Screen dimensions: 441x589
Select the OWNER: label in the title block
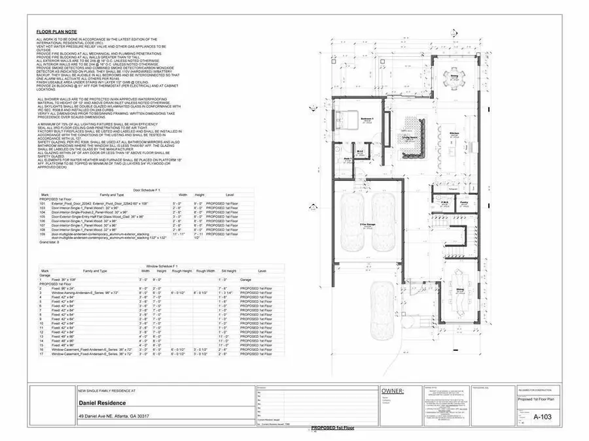(393, 391)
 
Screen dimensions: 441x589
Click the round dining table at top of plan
(454, 76)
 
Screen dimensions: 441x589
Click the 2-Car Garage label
(366, 223)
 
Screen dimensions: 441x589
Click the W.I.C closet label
(359, 151)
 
